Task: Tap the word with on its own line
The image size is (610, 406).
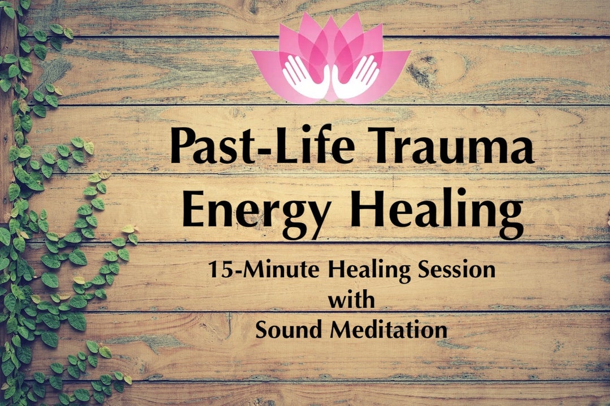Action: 351,300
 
